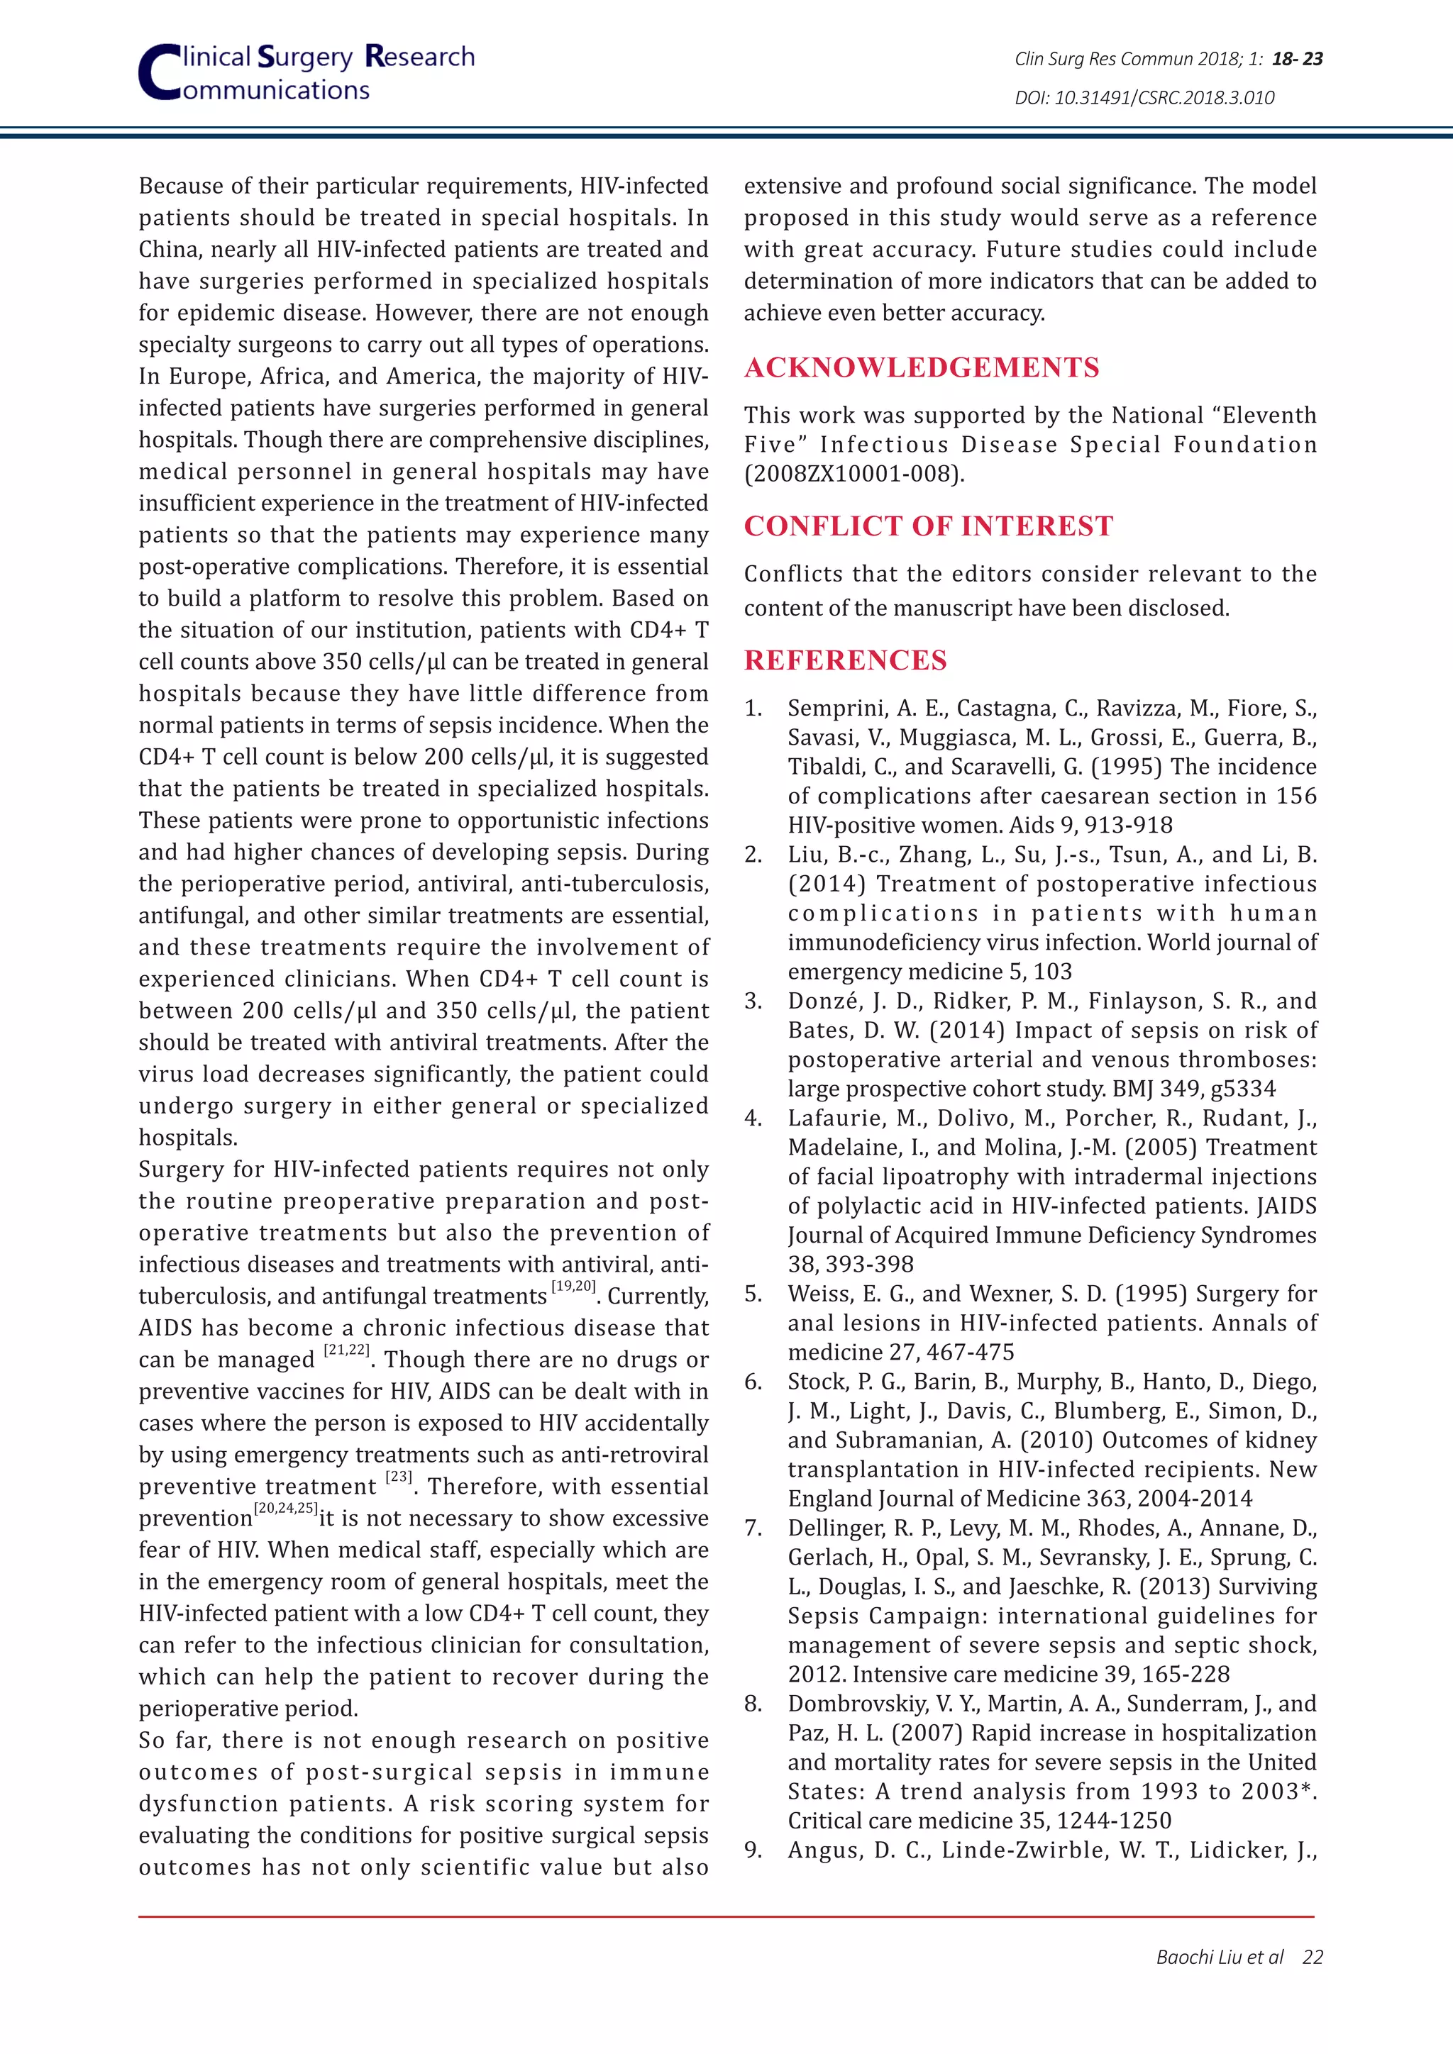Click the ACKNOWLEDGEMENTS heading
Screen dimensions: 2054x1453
922,367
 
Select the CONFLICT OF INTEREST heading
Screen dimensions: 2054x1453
928,526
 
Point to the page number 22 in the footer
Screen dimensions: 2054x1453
1312,1957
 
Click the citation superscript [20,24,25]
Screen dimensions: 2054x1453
285,1509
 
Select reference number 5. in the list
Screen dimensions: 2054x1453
753,1294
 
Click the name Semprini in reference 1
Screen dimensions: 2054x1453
832,709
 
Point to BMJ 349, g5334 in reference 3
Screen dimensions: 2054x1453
1193,1089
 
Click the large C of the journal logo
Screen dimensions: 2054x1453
159,73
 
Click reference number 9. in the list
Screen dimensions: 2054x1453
753,1850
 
